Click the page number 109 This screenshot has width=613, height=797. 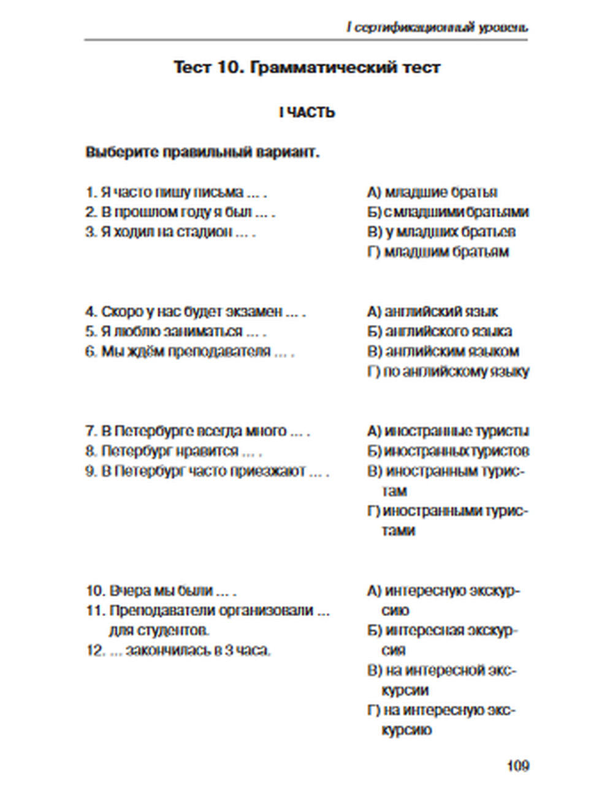pyautogui.click(x=518, y=766)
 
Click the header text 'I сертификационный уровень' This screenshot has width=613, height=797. pyautogui.click(x=436, y=28)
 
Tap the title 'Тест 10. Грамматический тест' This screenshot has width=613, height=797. pyautogui.click(x=306, y=67)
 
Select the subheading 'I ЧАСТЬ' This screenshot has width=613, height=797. pyautogui.click(x=306, y=113)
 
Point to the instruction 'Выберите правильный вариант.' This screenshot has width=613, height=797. pyautogui.click(x=202, y=152)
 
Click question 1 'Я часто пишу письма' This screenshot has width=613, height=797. pyautogui.click(x=176, y=193)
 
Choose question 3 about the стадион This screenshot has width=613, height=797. pyautogui.click(x=170, y=232)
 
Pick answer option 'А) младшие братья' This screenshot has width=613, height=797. pyautogui.click(x=432, y=193)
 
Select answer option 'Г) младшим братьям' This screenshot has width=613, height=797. pyautogui.click(x=438, y=252)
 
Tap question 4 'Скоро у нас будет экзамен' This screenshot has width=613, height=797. pyautogui.click(x=195, y=312)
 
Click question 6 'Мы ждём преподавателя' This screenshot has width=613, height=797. pyautogui.click(x=189, y=352)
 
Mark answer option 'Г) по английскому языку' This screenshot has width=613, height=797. pyautogui.click(x=447, y=372)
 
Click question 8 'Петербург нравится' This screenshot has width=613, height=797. pyautogui.click(x=173, y=451)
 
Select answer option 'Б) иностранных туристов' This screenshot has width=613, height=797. pyautogui.click(x=447, y=451)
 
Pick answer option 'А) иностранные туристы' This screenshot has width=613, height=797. pyautogui.click(x=447, y=432)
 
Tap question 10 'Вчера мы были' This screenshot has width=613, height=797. pyautogui.click(x=161, y=591)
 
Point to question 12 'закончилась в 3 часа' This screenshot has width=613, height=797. pyautogui.click(x=178, y=650)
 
